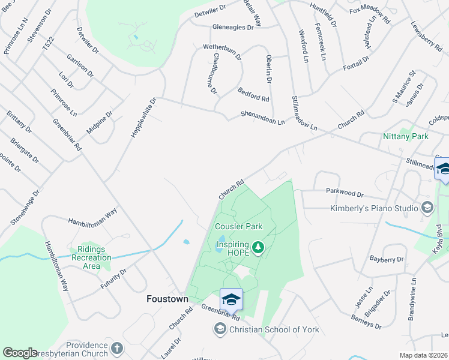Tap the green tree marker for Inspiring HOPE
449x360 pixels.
click(x=258, y=247)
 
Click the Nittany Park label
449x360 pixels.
click(x=406, y=136)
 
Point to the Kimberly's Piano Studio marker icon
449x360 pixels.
click(x=427, y=208)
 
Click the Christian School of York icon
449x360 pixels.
click(x=220, y=329)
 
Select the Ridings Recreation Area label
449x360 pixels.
click(x=91, y=257)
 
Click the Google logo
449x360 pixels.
click(x=20, y=353)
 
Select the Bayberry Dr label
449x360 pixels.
click(x=387, y=259)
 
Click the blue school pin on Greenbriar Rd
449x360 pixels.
click(x=231, y=298)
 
